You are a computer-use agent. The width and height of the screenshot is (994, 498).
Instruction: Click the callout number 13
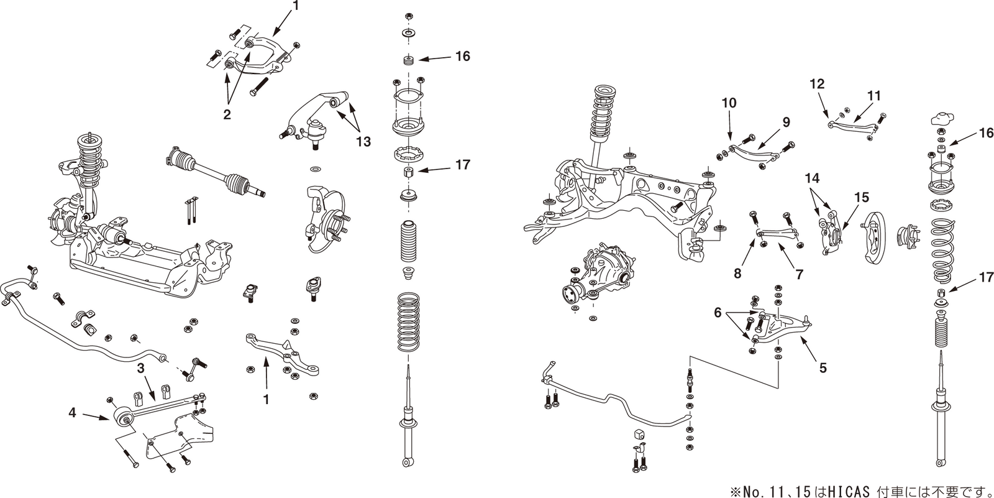[x=363, y=142]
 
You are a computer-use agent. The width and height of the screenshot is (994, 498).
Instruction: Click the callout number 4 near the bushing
[x=72, y=412]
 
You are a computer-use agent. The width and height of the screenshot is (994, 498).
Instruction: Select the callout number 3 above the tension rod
[x=141, y=368]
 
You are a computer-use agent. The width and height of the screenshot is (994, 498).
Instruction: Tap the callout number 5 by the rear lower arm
[x=823, y=368]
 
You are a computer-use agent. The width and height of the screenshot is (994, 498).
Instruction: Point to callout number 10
[x=728, y=103]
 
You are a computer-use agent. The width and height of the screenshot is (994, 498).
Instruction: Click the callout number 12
[x=816, y=83]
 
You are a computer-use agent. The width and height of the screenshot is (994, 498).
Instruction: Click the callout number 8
[x=737, y=272]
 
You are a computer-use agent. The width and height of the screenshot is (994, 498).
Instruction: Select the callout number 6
[x=718, y=314]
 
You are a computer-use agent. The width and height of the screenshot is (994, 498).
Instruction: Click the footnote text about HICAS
[x=860, y=491]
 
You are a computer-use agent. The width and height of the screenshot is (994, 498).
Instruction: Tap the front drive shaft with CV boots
[x=214, y=172]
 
